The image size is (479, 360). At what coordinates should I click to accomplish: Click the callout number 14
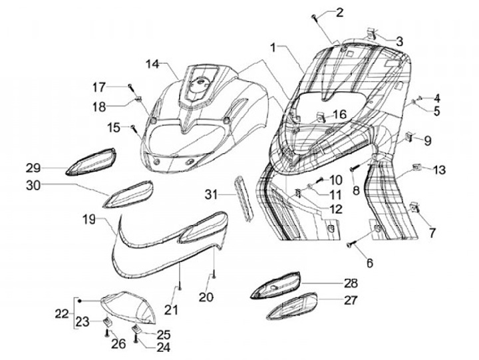(153, 64)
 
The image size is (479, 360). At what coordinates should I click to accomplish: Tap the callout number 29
(34, 166)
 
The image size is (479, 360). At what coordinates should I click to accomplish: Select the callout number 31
(211, 194)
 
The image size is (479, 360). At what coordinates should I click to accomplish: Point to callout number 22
(62, 313)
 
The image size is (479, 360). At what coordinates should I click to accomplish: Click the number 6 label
(369, 263)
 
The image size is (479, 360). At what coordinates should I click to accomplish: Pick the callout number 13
(439, 170)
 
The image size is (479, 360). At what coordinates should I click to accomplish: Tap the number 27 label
(350, 299)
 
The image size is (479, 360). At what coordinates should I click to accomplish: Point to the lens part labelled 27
(293, 307)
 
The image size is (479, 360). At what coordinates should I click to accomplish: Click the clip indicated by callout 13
(416, 166)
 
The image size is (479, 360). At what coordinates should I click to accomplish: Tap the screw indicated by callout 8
(354, 169)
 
